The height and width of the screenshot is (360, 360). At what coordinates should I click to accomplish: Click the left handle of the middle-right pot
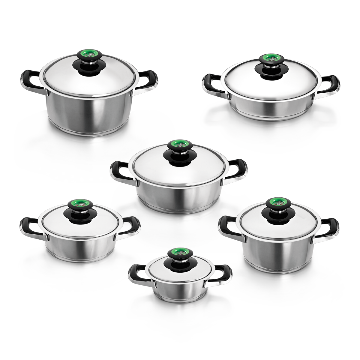pyautogui.click(x=226, y=224)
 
